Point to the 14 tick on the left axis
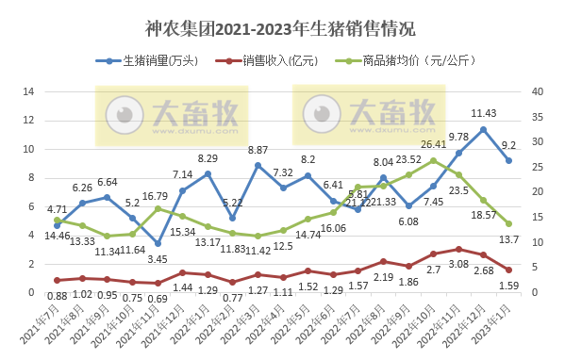27,91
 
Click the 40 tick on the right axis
538,91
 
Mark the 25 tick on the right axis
538,167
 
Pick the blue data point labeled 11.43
484,129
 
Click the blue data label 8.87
258,150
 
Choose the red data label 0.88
57,297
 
